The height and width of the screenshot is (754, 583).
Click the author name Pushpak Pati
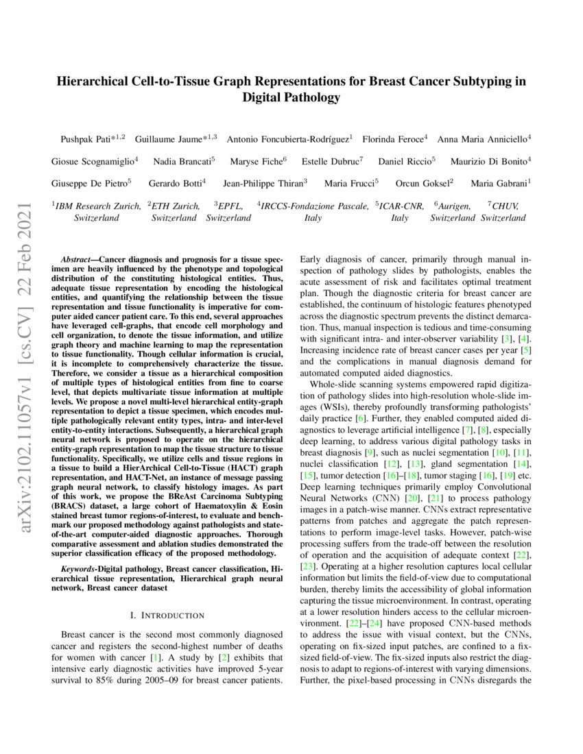click(85, 138)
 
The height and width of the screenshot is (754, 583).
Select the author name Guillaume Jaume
click(171, 138)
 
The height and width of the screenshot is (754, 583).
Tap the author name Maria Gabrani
click(497, 184)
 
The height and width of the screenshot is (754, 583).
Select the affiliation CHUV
click(505, 206)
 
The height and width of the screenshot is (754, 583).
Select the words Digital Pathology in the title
click(291, 97)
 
